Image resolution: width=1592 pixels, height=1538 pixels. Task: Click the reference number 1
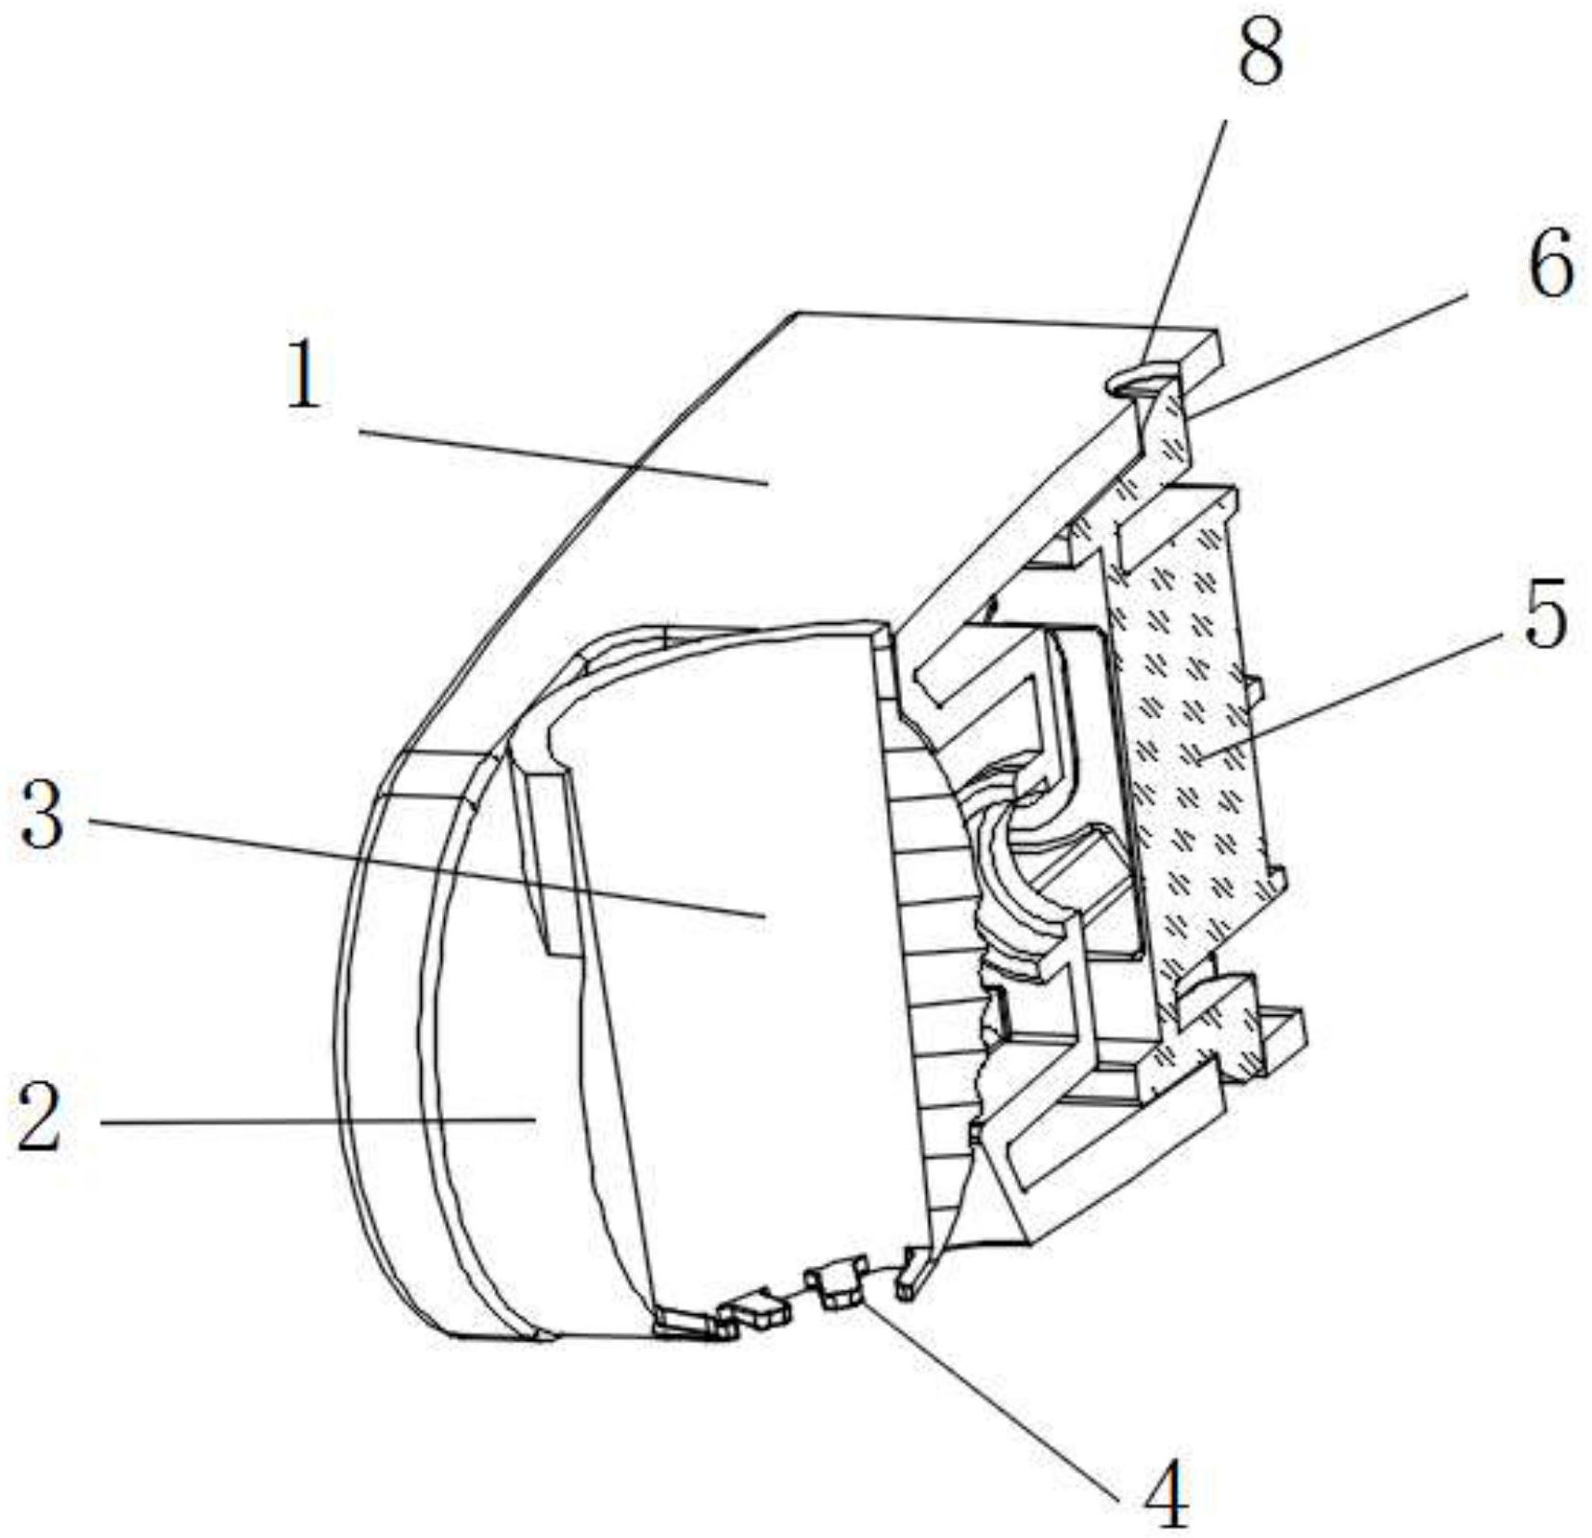(305, 374)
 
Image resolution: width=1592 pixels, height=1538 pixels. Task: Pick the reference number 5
(1545, 614)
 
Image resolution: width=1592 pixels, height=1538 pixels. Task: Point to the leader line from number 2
(316, 1122)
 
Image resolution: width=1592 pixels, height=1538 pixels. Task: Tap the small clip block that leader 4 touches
(838, 1287)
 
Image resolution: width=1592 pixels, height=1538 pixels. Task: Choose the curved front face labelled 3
(724, 975)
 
